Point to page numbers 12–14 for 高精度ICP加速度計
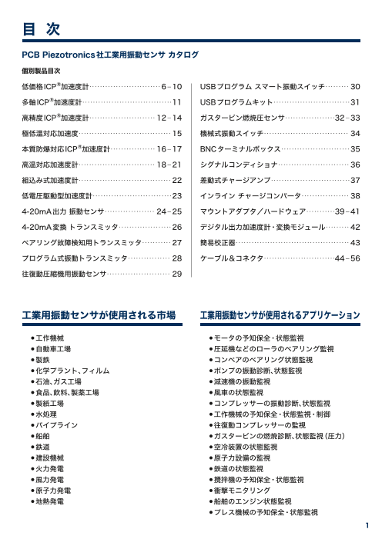(x=169, y=118)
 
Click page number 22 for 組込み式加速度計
(x=176, y=181)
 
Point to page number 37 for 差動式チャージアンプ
(x=355, y=181)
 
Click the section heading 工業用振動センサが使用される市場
(x=99, y=315)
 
